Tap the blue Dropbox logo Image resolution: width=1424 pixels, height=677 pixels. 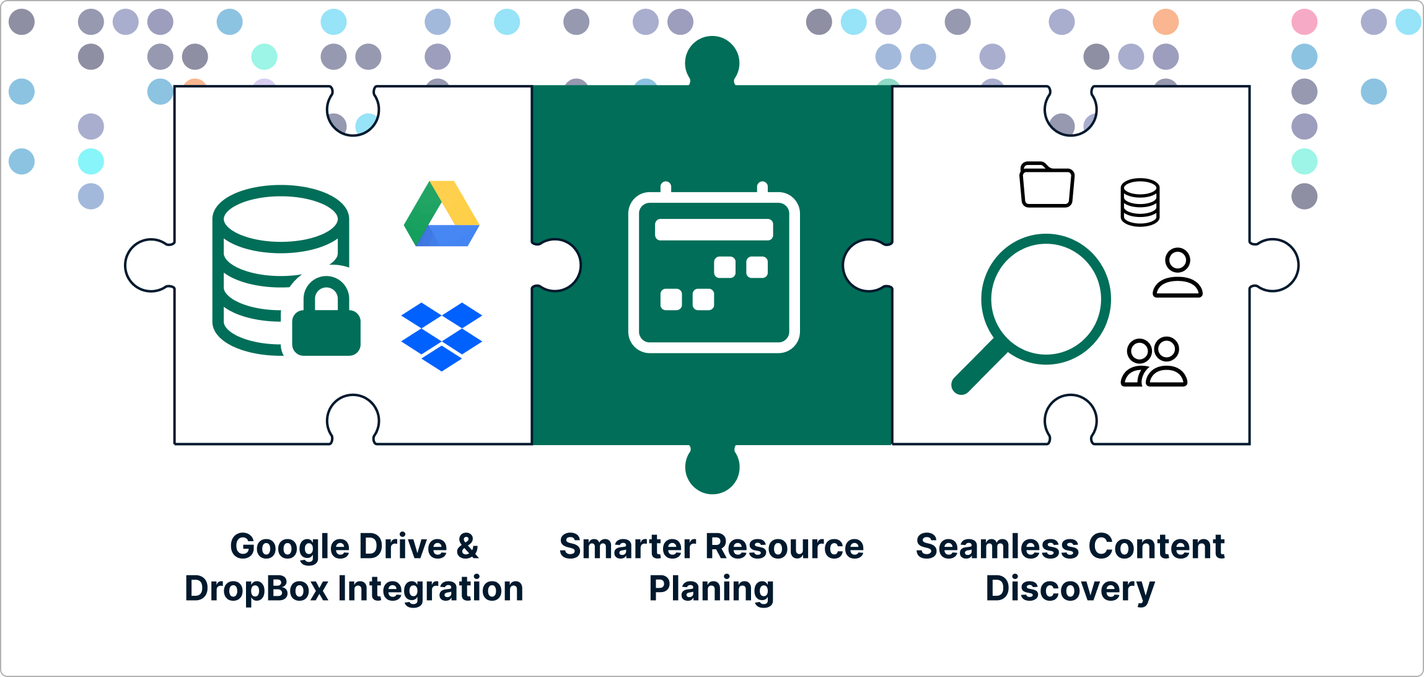pyautogui.click(x=441, y=336)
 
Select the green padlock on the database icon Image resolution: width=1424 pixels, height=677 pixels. pyautogui.click(x=326, y=319)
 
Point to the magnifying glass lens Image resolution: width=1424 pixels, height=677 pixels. pyautogui.click(x=1046, y=299)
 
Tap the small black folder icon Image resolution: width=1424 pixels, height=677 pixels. pyautogui.click(x=1047, y=185)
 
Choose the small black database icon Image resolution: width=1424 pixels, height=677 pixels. pyautogui.click(x=1140, y=202)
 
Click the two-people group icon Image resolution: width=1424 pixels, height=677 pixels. pyautogui.click(x=1154, y=362)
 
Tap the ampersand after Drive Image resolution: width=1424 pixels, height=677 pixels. pyautogui.click(x=468, y=546)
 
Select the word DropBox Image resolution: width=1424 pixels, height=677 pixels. pyautogui.click(x=256, y=588)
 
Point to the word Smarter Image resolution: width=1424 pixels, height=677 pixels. pyautogui.click(x=628, y=546)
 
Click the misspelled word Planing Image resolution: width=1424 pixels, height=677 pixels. pyautogui.click(x=711, y=588)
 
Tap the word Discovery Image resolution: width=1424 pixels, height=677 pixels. pyautogui.click(x=1070, y=588)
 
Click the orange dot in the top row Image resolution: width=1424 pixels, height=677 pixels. pyautogui.click(x=1165, y=22)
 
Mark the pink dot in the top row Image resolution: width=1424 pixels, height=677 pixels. pyautogui.click(x=1304, y=22)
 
